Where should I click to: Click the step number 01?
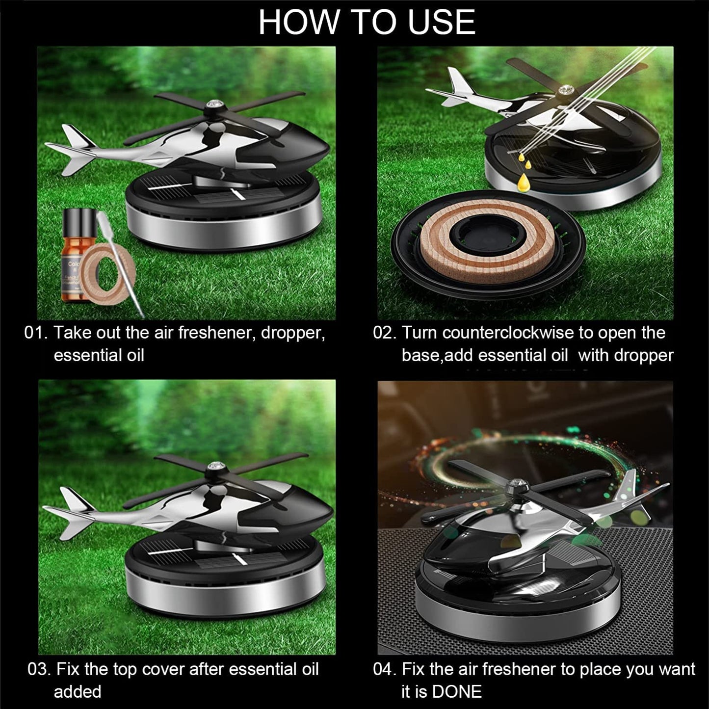[x=36, y=333]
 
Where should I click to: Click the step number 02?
[x=384, y=333]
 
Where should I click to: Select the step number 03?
[x=39, y=669]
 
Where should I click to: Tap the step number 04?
[x=384, y=669]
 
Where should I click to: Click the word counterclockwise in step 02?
[x=508, y=333]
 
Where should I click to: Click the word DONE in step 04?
[x=457, y=692]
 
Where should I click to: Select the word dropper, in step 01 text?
[x=293, y=333]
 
